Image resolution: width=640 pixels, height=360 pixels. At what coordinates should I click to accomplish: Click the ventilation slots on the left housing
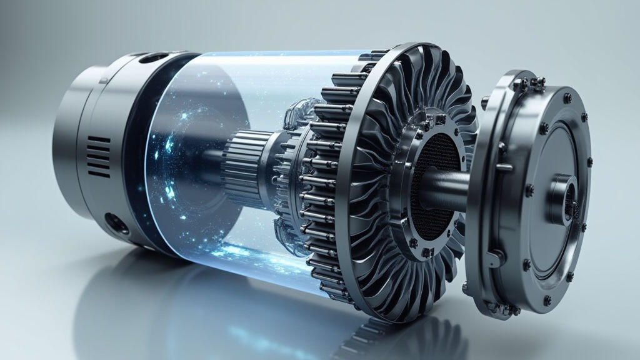pyautogui.click(x=97, y=156)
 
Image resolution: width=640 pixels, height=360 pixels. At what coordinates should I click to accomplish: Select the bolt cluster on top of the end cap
pyautogui.click(x=528, y=83)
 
